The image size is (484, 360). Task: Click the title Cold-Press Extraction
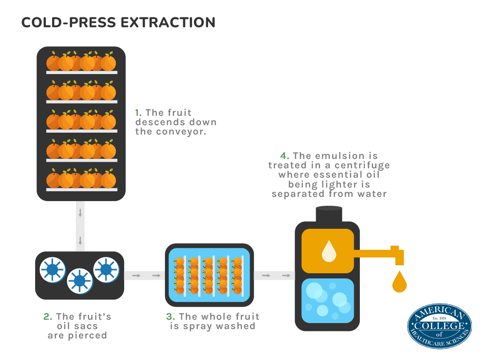pyautogui.click(x=118, y=22)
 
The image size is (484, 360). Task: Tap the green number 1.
pyautogui.click(x=138, y=113)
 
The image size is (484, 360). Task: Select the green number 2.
pyautogui.click(x=47, y=317)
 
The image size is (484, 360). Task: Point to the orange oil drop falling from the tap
pyautogui.click(x=399, y=281)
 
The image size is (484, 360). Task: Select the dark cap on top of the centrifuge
pyautogui.click(x=327, y=214)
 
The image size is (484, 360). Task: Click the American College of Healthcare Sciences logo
pyautogui.click(x=439, y=326)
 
